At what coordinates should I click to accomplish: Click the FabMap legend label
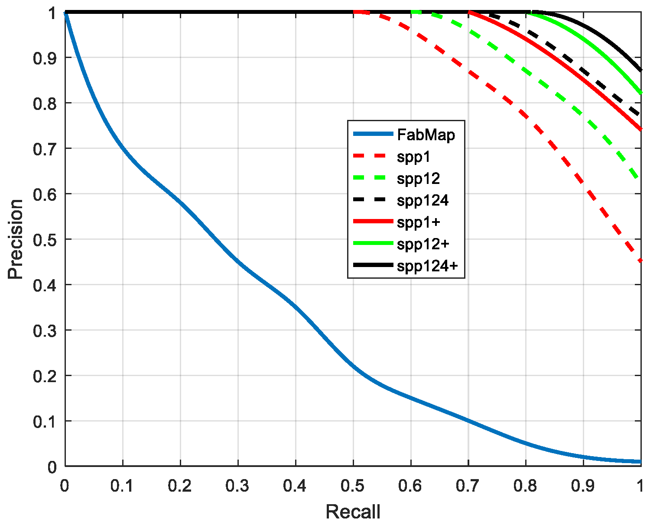pos(426,135)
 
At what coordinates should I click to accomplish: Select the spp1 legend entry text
pos(413,157)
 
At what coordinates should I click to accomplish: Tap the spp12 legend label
pos(418,178)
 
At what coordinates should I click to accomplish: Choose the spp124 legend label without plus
pos(422,200)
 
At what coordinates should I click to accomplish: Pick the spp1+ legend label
pos(418,222)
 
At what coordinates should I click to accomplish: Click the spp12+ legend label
pos(423,244)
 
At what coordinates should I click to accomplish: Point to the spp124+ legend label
pos(427,266)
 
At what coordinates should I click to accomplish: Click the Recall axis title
pos(353,512)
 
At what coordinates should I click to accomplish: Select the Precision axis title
pos(16,239)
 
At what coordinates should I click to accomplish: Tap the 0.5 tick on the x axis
pos(353,486)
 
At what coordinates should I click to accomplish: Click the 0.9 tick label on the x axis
pos(583,486)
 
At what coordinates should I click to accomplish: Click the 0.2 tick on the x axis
pos(180,486)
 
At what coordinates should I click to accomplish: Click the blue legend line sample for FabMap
pos(373,134)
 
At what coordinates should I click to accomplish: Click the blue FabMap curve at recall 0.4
pos(296,307)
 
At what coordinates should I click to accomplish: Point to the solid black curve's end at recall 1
pos(640,70)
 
